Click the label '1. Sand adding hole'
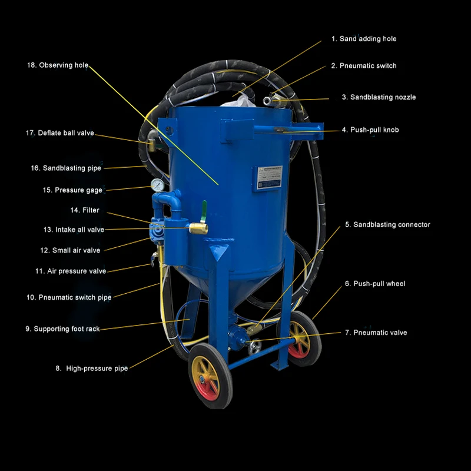click(363, 39)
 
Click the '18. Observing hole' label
click(58, 65)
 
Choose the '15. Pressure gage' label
click(72, 190)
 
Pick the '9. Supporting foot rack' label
click(62, 329)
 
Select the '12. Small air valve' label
click(70, 250)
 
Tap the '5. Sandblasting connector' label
click(387, 224)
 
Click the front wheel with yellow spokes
click(210, 377)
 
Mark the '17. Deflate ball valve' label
click(59, 133)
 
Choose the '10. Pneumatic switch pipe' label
click(68, 297)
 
